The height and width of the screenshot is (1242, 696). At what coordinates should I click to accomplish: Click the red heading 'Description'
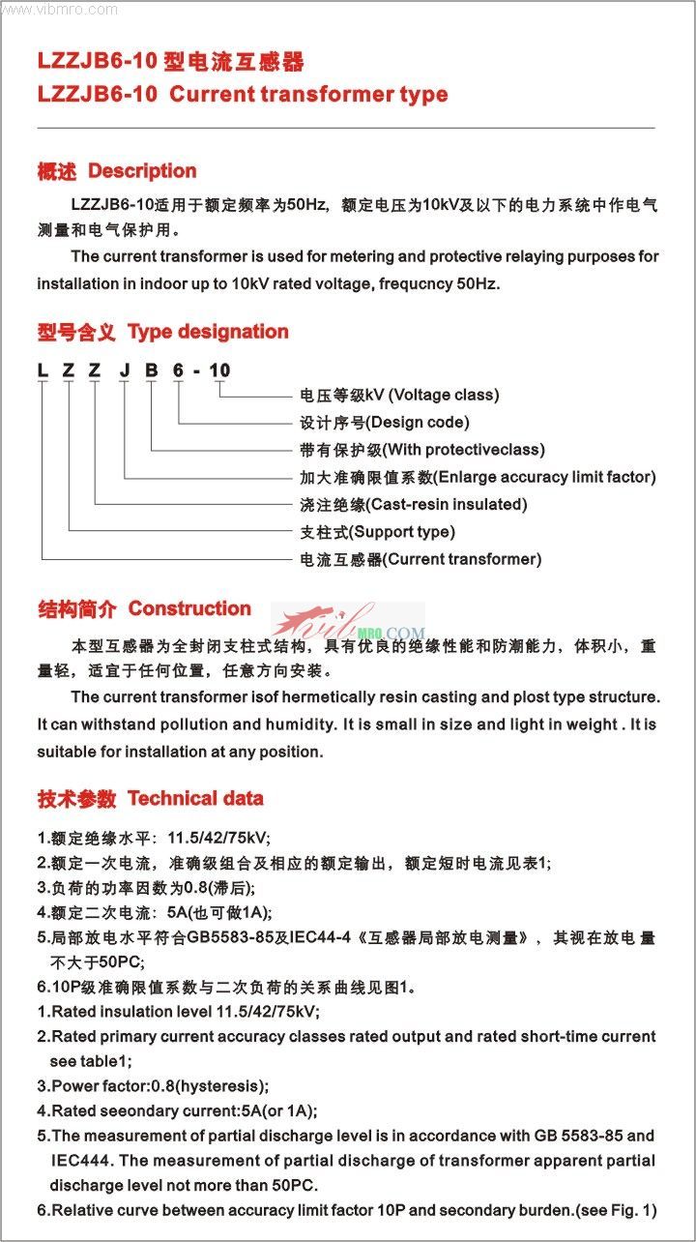[142, 171]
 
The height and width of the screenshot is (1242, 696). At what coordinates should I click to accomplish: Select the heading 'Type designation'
[208, 332]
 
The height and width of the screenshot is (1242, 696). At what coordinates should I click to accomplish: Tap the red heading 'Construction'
[189, 608]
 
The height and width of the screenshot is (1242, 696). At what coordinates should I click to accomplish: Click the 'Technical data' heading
[195, 799]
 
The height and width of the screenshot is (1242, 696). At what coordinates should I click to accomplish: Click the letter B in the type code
[150, 370]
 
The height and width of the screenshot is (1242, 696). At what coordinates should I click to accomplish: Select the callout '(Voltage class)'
[444, 395]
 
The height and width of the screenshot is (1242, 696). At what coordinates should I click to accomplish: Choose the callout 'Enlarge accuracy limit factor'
[545, 477]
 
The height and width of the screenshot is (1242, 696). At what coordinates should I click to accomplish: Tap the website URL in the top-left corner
[60, 10]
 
